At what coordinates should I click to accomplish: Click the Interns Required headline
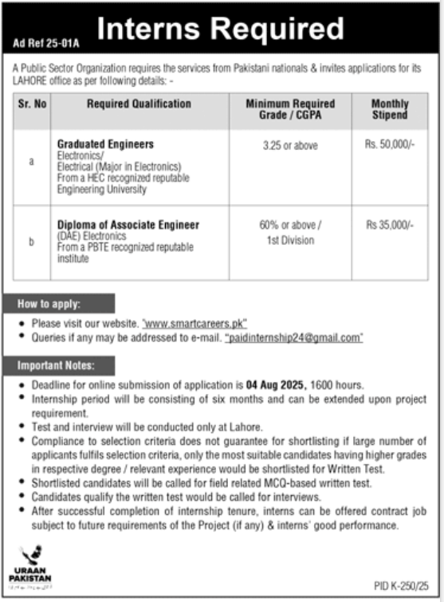[219, 29]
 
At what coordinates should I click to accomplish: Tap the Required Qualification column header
[139, 104]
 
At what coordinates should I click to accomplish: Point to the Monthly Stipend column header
[390, 110]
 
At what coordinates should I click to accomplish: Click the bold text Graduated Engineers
[105, 144]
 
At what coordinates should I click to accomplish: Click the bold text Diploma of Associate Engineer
[128, 224]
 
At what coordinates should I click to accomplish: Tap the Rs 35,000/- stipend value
[390, 226]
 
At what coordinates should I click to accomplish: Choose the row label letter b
[32, 242]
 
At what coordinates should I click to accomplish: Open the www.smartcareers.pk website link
[195, 325]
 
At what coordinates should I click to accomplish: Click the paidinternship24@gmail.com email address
[294, 338]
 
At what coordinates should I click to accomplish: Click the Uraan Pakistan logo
[32, 562]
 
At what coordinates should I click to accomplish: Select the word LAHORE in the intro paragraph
[30, 81]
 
